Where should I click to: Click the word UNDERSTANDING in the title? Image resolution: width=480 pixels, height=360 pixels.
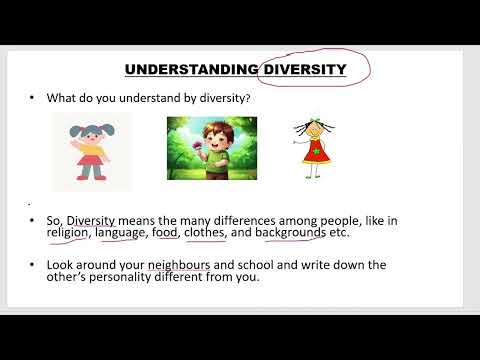(190, 69)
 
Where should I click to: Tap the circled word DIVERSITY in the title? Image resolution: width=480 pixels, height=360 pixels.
(302, 69)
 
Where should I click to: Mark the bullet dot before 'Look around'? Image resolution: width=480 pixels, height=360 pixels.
(32, 265)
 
